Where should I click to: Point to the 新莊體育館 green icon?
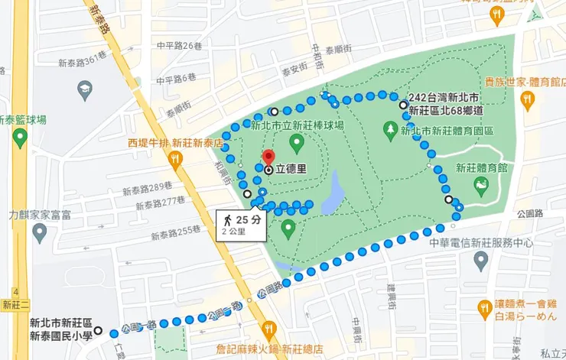pyautogui.click(x=480, y=184)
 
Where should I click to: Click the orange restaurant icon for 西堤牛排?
pyautogui.click(x=177, y=158)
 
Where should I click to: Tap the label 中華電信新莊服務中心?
pyautogui.click(x=481, y=243)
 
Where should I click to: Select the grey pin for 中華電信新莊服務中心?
pyautogui.click(x=481, y=261)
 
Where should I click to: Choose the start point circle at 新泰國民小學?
pyautogui.click(x=98, y=331)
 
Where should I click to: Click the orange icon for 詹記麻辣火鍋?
pyautogui.click(x=268, y=330)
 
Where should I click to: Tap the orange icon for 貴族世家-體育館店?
pyautogui.click(x=527, y=99)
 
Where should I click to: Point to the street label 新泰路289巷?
pyautogui.click(x=161, y=188)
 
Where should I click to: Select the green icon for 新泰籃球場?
pyautogui.click(x=20, y=138)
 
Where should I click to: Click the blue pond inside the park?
pyautogui.click(x=333, y=196)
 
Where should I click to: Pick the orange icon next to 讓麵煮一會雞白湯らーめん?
pyautogui.click(x=483, y=309)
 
